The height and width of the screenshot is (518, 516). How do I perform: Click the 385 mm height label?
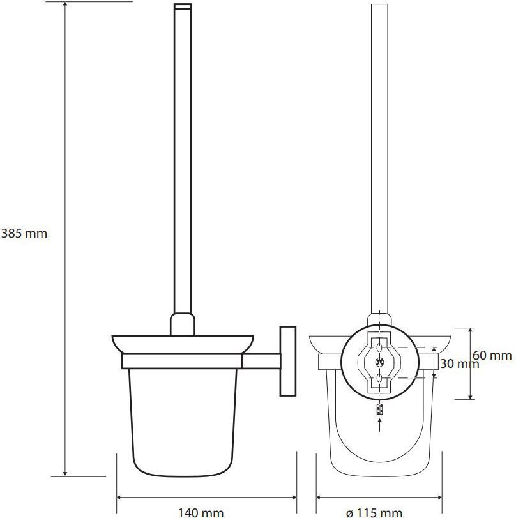24,234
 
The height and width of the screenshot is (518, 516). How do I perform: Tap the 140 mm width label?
201,513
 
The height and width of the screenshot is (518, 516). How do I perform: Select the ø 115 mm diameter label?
374,513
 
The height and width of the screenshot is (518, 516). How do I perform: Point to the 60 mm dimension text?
492,356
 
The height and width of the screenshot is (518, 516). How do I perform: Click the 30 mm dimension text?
460,363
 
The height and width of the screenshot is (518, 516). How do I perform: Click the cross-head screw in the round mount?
379,362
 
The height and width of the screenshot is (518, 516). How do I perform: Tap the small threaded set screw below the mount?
379,409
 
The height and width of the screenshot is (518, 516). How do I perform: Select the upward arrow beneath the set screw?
380,425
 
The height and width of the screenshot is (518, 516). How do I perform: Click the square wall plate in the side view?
288,361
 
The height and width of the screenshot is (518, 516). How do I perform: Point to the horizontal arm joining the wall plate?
261,361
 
